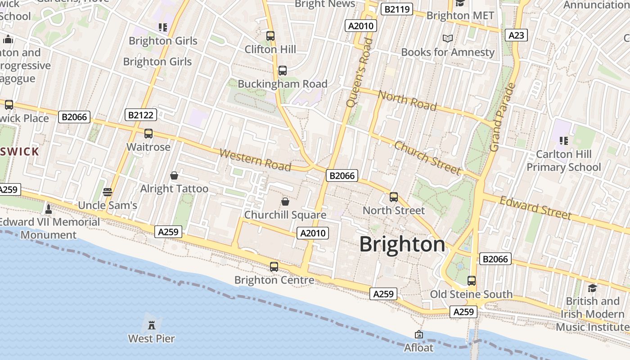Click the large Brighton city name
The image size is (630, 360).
click(x=402, y=244)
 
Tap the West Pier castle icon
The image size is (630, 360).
click(x=152, y=324)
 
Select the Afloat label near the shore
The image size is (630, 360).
click(x=418, y=348)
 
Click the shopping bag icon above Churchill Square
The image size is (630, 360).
click(x=285, y=201)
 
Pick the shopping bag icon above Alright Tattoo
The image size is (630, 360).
click(x=174, y=175)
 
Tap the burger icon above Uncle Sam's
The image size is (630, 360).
click(x=107, y=192)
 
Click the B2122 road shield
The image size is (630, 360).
click(x=140, y=115)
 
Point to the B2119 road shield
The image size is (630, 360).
click(x=396, y=9)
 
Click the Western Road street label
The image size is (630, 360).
click(x=255, y=160)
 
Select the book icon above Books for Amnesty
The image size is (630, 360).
click(x=447, y=39)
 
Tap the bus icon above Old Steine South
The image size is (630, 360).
click(x=471, y=281)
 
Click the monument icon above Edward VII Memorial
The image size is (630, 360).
click(x=49, y=209)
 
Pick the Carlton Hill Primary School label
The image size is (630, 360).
click(x=563, y=161)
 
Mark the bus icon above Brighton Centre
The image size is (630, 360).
click(x=274, y=266)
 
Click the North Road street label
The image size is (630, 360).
click(x=407, y=100)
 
